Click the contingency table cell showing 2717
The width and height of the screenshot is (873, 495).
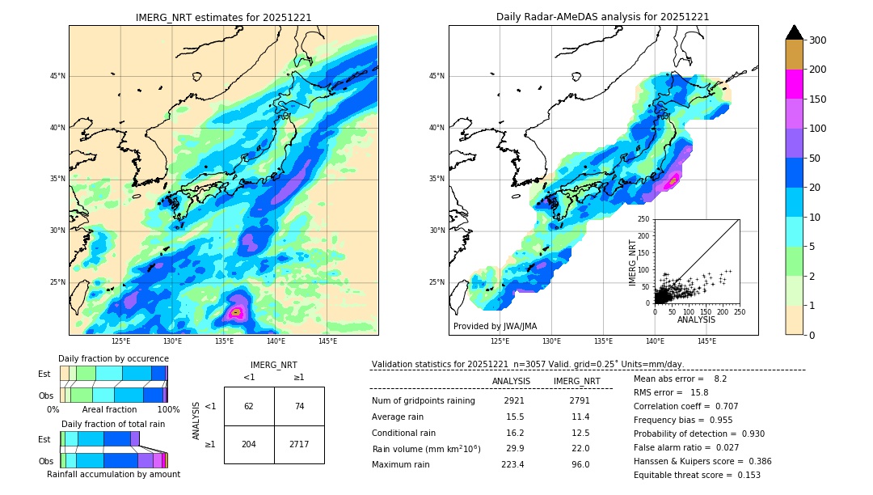coord(299,445)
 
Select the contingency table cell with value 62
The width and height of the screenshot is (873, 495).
coord(249,406)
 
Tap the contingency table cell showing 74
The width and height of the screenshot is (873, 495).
coord(299,406)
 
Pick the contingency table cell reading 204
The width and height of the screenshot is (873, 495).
coord(249,445)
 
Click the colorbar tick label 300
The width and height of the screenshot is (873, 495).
coord(819,40)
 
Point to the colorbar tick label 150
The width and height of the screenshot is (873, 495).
coord(819,99)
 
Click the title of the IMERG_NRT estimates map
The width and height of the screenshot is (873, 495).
coord(223,17)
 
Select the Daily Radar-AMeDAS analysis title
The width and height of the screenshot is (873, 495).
coord(603,17)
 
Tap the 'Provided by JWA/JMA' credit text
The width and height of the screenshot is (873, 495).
coord(495,326)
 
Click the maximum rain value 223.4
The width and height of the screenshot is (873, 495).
coord(512,464)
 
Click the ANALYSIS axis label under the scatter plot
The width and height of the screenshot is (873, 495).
coord(696,319)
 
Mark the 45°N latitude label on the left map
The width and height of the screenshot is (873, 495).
coord(57,76)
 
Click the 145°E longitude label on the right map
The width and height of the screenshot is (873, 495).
coord(706,342)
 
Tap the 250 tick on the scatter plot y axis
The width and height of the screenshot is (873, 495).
coord(643,219)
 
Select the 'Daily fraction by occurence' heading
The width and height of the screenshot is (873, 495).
coord(113,358)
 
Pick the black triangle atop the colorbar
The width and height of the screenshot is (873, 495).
coord(795,32)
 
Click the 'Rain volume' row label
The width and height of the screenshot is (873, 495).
coord(426,449)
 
